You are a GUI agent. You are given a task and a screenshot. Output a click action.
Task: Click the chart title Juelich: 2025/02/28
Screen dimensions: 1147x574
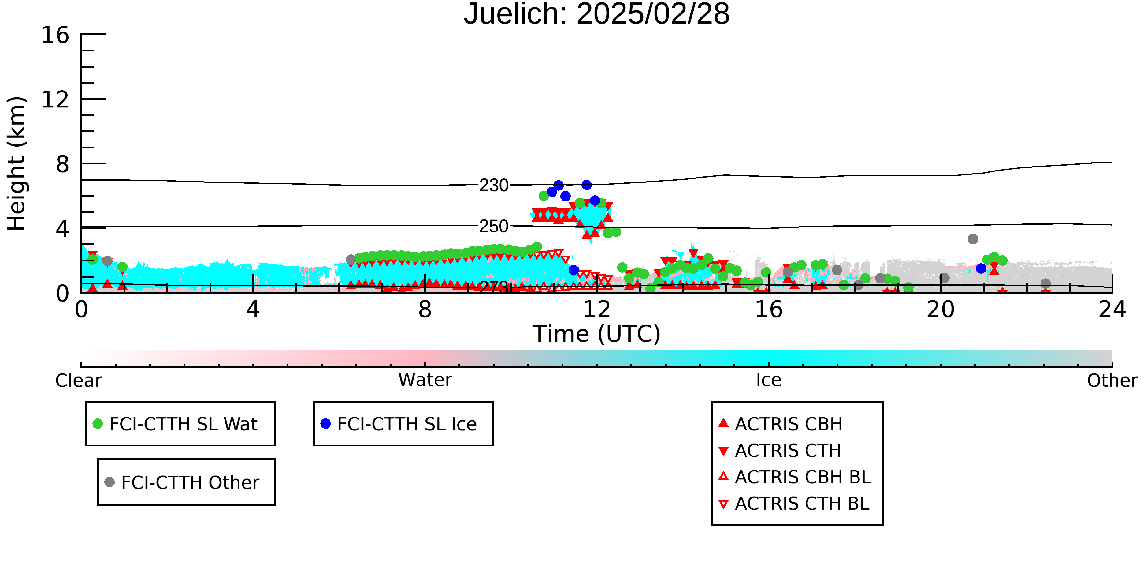tap(597, 14)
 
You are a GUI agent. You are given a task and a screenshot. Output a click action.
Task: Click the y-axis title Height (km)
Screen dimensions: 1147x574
tap(17, 163)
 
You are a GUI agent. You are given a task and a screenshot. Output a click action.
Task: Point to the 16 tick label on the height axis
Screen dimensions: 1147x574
tap(55, 35)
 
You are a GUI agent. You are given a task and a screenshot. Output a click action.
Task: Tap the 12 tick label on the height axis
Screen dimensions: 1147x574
tap(55, 99)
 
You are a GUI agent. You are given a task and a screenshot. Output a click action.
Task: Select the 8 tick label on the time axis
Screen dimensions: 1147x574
tap(425, 310)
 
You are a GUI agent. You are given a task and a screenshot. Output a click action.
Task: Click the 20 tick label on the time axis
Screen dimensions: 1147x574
tap(941, 310)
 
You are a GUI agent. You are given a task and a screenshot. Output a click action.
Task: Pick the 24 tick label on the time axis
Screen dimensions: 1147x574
tap(1112, 310)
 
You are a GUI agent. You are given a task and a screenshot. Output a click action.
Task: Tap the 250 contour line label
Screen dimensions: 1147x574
tap(494, 227)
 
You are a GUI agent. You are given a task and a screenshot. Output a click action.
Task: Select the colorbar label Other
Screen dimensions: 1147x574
tap(1112, 381)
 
